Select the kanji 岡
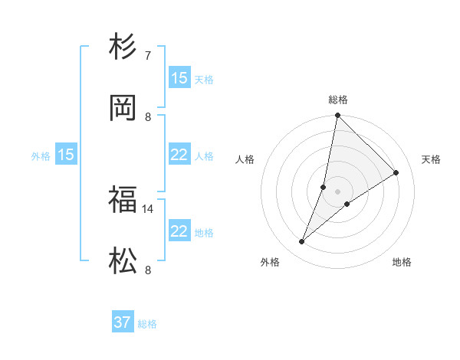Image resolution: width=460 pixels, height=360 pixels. (x=123, y=108)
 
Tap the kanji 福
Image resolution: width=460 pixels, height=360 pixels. (x=123, y=200)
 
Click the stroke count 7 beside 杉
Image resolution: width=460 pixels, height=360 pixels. (x=147, y=55)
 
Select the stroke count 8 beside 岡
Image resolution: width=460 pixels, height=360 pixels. (x=147, y=117)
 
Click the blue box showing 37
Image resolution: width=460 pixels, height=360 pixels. (x=122, y=322)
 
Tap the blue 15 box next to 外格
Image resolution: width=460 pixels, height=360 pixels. (x=66, y=155)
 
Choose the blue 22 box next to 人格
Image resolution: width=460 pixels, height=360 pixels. (x=179, y=155)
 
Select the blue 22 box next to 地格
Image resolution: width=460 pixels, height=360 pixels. (x=179, y=231)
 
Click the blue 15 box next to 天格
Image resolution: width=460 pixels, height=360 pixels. (x=179, y=78)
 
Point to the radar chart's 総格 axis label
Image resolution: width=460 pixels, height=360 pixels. (x=338, y=100)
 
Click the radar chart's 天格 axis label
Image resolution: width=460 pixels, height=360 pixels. (x=431, y=159)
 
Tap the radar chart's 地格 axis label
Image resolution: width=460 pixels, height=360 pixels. (x=402, y=262)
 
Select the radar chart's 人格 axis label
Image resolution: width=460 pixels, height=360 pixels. (x=245, y=159)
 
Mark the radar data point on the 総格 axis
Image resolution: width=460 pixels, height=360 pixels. (x=337, y=116)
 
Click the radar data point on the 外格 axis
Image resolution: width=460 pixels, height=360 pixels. (x=302, y=242)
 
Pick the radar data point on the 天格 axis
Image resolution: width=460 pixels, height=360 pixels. (x=396, y=173)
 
